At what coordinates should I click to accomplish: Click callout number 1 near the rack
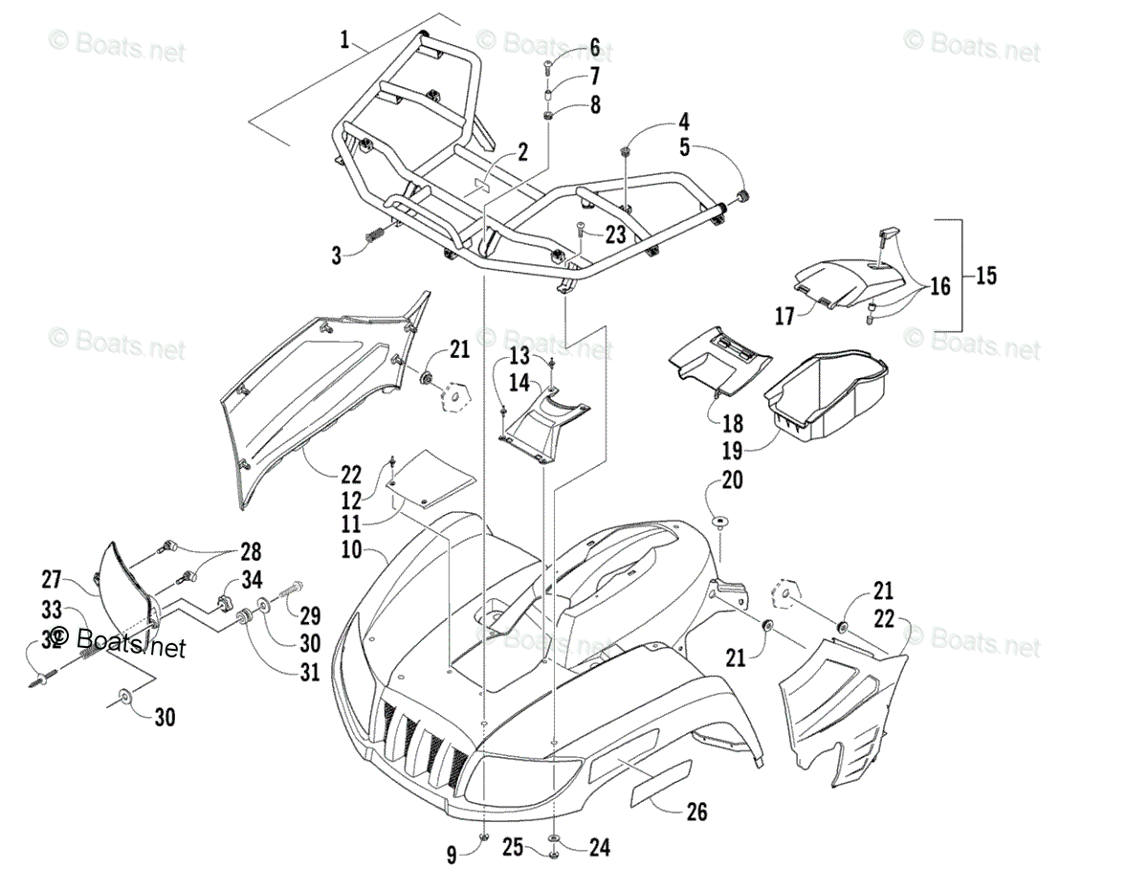pos(344,40)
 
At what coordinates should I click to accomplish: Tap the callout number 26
pos(696,812)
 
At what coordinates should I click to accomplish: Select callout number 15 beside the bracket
pos(985,276)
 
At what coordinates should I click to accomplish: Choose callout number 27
pos(53,578)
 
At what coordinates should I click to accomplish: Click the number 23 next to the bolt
pos(614,234)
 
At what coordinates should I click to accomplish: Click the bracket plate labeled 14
pos(541,421)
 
